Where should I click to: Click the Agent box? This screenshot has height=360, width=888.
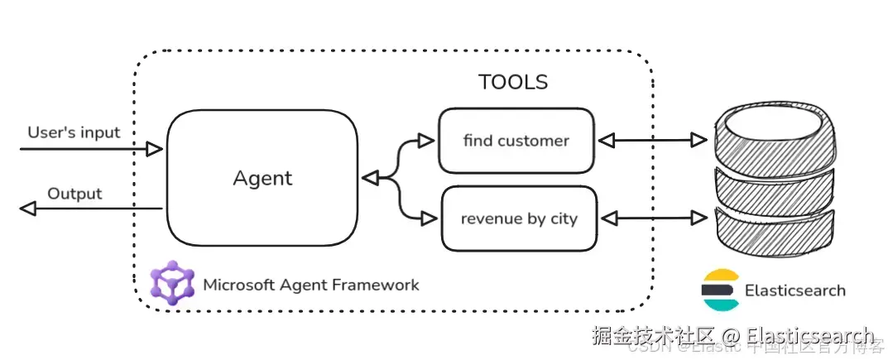click(x=262, y=178)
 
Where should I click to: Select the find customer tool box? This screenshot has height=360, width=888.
click(x=516, y=141)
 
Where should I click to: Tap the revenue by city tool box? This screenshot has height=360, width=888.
click(x=519, y=219)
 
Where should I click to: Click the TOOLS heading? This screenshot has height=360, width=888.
click(x=513, y=83)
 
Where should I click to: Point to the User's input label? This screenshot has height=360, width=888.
click(x=74, y=132)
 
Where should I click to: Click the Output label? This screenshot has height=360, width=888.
click(x=74, y=194)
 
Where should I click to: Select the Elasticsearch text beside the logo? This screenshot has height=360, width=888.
click(x=795, y=290)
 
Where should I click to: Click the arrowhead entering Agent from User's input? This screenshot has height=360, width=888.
click(x=154, y=149)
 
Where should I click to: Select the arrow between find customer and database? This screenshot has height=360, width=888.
click(x=652, y=141)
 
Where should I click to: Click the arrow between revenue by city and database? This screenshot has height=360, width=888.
click(x=652, y=218)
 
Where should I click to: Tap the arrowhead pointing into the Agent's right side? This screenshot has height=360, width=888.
click(x=370, y=178)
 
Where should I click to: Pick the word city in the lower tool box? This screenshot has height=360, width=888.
click(x=564, y=219)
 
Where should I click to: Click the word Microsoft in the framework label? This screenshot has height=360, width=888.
click(x=238, y=285)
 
